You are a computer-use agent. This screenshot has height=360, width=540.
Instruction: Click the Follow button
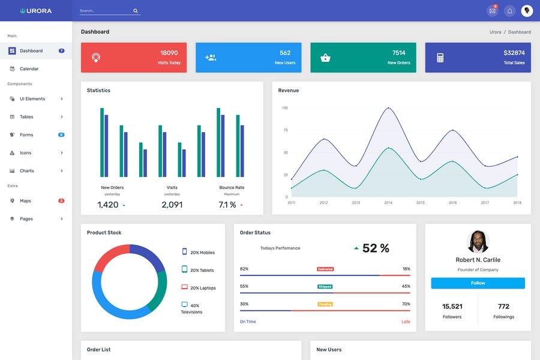pyautogui.click(x=478, y=283)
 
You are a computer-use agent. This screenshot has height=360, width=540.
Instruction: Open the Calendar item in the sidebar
pyautogui.click(x=29, y=69)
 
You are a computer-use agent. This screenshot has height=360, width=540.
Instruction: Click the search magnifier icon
pyautogui.click(x=136, y=11)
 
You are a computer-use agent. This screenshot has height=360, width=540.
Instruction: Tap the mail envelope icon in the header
pyautogui.click(x=493, y=11)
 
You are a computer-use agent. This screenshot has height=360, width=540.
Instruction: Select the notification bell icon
pyautogui.click(x=510, y=11)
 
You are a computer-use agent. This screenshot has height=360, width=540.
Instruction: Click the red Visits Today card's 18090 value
pyautogui.click(x=169, y=53)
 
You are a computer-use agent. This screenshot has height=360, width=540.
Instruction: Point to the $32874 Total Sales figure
pyautogui.click(x=514, y=53)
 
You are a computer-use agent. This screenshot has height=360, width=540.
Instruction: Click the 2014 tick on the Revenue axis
pyautogui.click(x=388, y=203)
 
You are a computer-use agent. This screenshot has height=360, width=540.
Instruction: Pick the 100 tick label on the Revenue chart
pyautogui.click(x=285, y=108)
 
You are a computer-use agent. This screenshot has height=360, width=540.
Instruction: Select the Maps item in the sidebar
pyautogui.click(x=25, y=201)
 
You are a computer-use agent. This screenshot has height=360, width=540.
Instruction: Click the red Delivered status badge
pyautogui.click(x=325, y=269)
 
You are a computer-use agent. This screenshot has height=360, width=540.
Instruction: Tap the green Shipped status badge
pyautogui.click(x=325, y=287)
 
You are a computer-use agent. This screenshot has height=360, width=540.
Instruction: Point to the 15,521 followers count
pyautogui.click(x=452, y=307)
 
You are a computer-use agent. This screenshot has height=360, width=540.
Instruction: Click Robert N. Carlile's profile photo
pyautogui.click(x=478, y=241)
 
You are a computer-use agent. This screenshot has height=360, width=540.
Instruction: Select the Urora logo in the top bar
pyautogui.click(x=36, y=11)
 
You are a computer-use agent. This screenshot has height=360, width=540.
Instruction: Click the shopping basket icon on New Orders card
pyautogui.click(x=325, y=58)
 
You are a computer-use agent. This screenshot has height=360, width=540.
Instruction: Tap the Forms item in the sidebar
pyautogui.click(x=26, y=135)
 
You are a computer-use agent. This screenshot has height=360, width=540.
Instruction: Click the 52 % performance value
pyautogui.click(x=376, y=248)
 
